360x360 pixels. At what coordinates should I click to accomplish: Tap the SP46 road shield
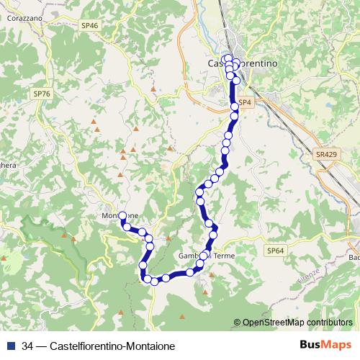[x=90, y=25]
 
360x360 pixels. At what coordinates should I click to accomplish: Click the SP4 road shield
[x=245, y=103]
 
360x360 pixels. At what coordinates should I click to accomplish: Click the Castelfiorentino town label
[x=243, y=63]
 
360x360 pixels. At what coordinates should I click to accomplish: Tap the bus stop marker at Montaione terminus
[x=122, y=215]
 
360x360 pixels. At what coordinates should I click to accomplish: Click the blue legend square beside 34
[x=11, y=346]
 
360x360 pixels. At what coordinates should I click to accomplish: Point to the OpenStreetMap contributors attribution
[x=297, y=323]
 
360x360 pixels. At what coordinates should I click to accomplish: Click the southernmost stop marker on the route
[x=153, y=281]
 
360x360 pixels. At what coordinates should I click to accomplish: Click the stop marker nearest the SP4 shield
[x=235, y=107]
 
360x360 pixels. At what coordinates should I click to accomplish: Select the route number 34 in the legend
[x=28, y=346]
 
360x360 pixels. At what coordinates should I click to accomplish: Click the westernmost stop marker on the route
[x=122, y=215]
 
